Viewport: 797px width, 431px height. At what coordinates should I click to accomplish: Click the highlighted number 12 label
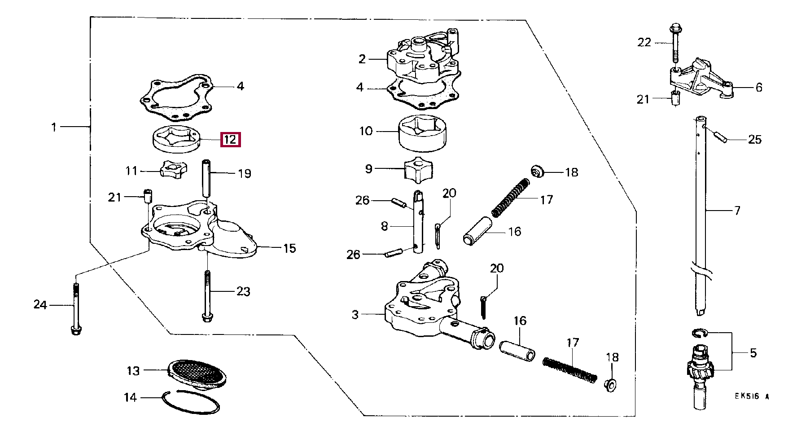[230, 140]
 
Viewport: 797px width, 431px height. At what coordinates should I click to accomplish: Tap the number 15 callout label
[290, 248]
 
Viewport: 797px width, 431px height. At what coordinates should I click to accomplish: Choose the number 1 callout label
[54, 127]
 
